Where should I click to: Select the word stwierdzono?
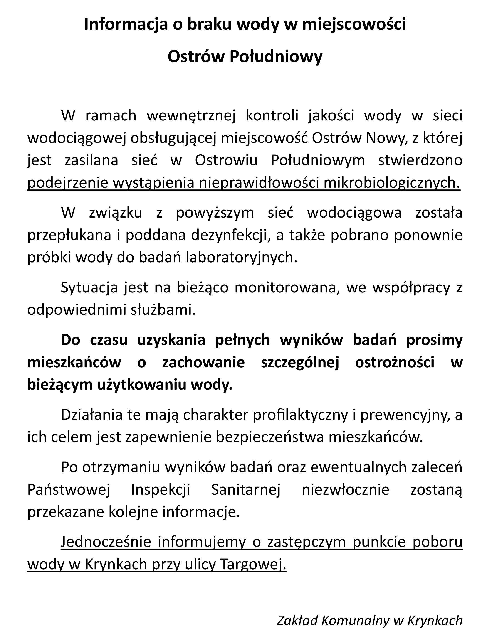coord(420,160)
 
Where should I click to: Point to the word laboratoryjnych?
coord(242,258)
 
